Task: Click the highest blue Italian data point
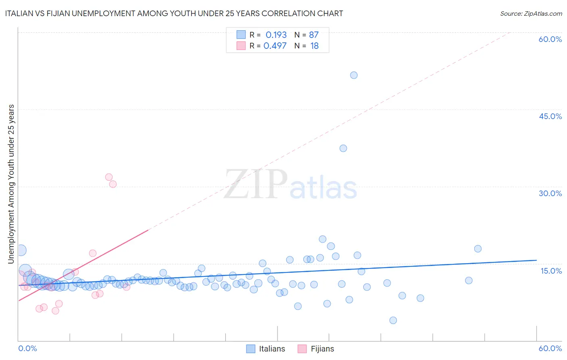pos(354,75)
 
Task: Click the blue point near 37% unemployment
pos(343,148)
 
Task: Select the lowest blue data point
pos(393,320)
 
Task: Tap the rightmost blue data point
pos(478,249)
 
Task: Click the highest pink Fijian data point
pos(109,177)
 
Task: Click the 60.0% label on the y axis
pos(550,39)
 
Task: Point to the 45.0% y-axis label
pos(550,116)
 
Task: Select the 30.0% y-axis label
pos(550,193)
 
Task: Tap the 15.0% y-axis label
pos(551,271)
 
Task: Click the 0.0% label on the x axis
pos(27,348)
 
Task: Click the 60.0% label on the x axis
pos(550,348)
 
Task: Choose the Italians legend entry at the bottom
pos(271,349)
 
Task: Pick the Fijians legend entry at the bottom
pos(322,349)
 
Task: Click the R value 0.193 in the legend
pos(276,35)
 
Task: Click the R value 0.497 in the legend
pos(275,46)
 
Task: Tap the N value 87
pos(314,35)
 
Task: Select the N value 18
pos(315,46)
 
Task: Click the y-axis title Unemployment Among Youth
pos(11,184)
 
